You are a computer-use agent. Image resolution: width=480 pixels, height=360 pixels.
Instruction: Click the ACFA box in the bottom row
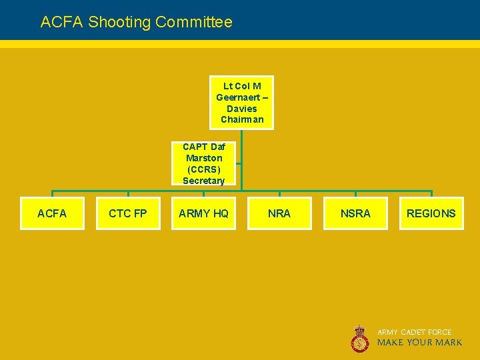coord(52,213)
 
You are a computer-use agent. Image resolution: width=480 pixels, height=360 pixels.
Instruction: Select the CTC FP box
coord(127,213)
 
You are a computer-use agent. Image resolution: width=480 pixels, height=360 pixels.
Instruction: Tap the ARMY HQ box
coord(203,213)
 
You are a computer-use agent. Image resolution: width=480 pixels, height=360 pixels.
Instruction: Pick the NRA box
coord(279,213)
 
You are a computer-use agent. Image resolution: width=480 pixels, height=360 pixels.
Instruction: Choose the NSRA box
coord(355,213)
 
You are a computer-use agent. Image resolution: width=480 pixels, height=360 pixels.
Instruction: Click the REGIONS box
coord(431,213)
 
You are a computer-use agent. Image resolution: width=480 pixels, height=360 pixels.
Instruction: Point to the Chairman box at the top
coord(241,103)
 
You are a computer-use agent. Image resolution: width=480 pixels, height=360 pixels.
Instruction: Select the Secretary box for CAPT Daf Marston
coord(204,163)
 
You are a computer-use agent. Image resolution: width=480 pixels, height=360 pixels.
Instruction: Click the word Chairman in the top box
coord(242,120)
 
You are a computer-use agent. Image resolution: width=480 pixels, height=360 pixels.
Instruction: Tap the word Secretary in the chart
coord(204,181)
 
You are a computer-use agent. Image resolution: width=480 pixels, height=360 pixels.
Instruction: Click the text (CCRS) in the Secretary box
coord(204,169)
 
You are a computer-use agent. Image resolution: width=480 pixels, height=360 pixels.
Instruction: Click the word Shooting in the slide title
coord(119,22)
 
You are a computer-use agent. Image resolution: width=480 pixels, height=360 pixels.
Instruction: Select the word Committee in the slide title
coord(194,22)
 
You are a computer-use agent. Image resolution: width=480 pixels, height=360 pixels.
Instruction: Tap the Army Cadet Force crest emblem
coord(360,338)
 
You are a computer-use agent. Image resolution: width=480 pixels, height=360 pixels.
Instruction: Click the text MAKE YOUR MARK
coord(419,343)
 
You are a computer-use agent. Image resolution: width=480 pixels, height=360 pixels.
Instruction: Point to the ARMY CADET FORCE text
coord(415,332)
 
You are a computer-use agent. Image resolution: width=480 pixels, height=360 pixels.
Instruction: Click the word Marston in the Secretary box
coord(204,158)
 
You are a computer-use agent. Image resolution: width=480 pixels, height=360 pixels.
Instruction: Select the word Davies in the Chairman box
coord(241,109)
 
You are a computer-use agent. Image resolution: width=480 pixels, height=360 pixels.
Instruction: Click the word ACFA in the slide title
coord(62,22)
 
